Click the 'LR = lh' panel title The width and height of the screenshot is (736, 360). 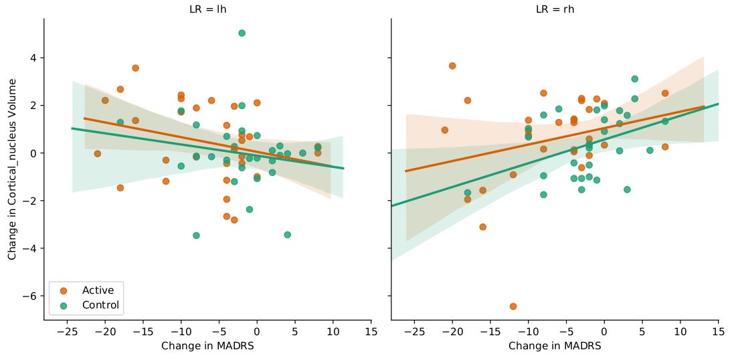[x=207, y=9]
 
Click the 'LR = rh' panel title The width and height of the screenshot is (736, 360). [x=555, y=9]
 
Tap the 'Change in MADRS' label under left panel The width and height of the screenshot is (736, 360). [x=207, y=346]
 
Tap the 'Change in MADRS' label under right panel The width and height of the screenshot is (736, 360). [x=555, y=346]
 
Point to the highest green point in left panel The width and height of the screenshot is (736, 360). [x=242, y=33]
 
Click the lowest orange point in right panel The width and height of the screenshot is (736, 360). [x=513, y=306]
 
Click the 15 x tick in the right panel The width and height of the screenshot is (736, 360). [x=718, y=332]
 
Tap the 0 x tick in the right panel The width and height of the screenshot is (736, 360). [x=604, y=332]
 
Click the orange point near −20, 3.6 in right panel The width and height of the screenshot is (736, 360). [x=452, y=66]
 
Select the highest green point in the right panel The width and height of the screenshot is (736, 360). [x=634, y=79]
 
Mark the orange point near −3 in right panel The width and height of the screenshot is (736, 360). [x=482, y=227]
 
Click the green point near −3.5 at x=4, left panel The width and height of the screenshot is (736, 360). [x=287, y=235]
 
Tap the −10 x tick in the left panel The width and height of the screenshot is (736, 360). [x=181, y=332]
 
